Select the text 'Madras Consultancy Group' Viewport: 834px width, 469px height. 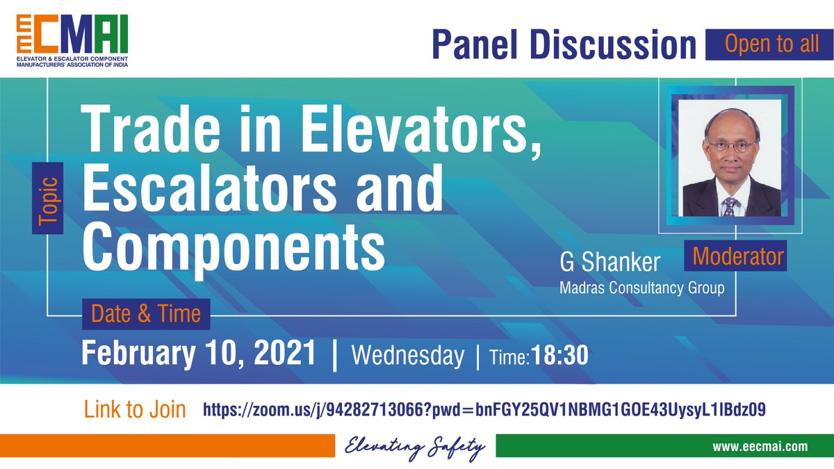[641, 287]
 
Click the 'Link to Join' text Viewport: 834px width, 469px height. [135, 409]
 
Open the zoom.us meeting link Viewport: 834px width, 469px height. [484, 410]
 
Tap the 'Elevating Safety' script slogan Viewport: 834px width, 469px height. [415, 447]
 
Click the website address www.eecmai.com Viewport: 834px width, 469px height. [759, 447]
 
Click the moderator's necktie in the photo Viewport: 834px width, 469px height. [728, 205]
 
